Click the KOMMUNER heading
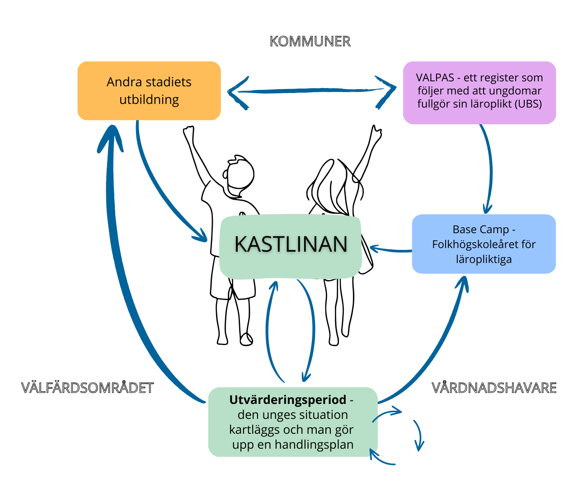pyautogui.click(x=310, y=42)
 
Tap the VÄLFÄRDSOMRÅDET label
pyautogui.click(x=88, y=388)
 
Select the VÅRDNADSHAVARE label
pyautogui.click(x=494, y=388)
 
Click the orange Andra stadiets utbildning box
pyautogui.click(x=149, y=91)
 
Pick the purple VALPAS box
pyautogui.click(x=479, y=92)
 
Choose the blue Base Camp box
pyautogui.click(x=484, y=244)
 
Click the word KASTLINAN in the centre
pyautogui.click(x=291, y=244)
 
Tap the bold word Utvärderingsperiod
pyautogui.click(x=288, y=400)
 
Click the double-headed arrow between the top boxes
pyautogui.click(x=312, y=91)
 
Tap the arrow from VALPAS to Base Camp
pyautogui.click(x=490, y=167)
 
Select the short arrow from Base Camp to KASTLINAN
pyautogui.click(x=391, y=249)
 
